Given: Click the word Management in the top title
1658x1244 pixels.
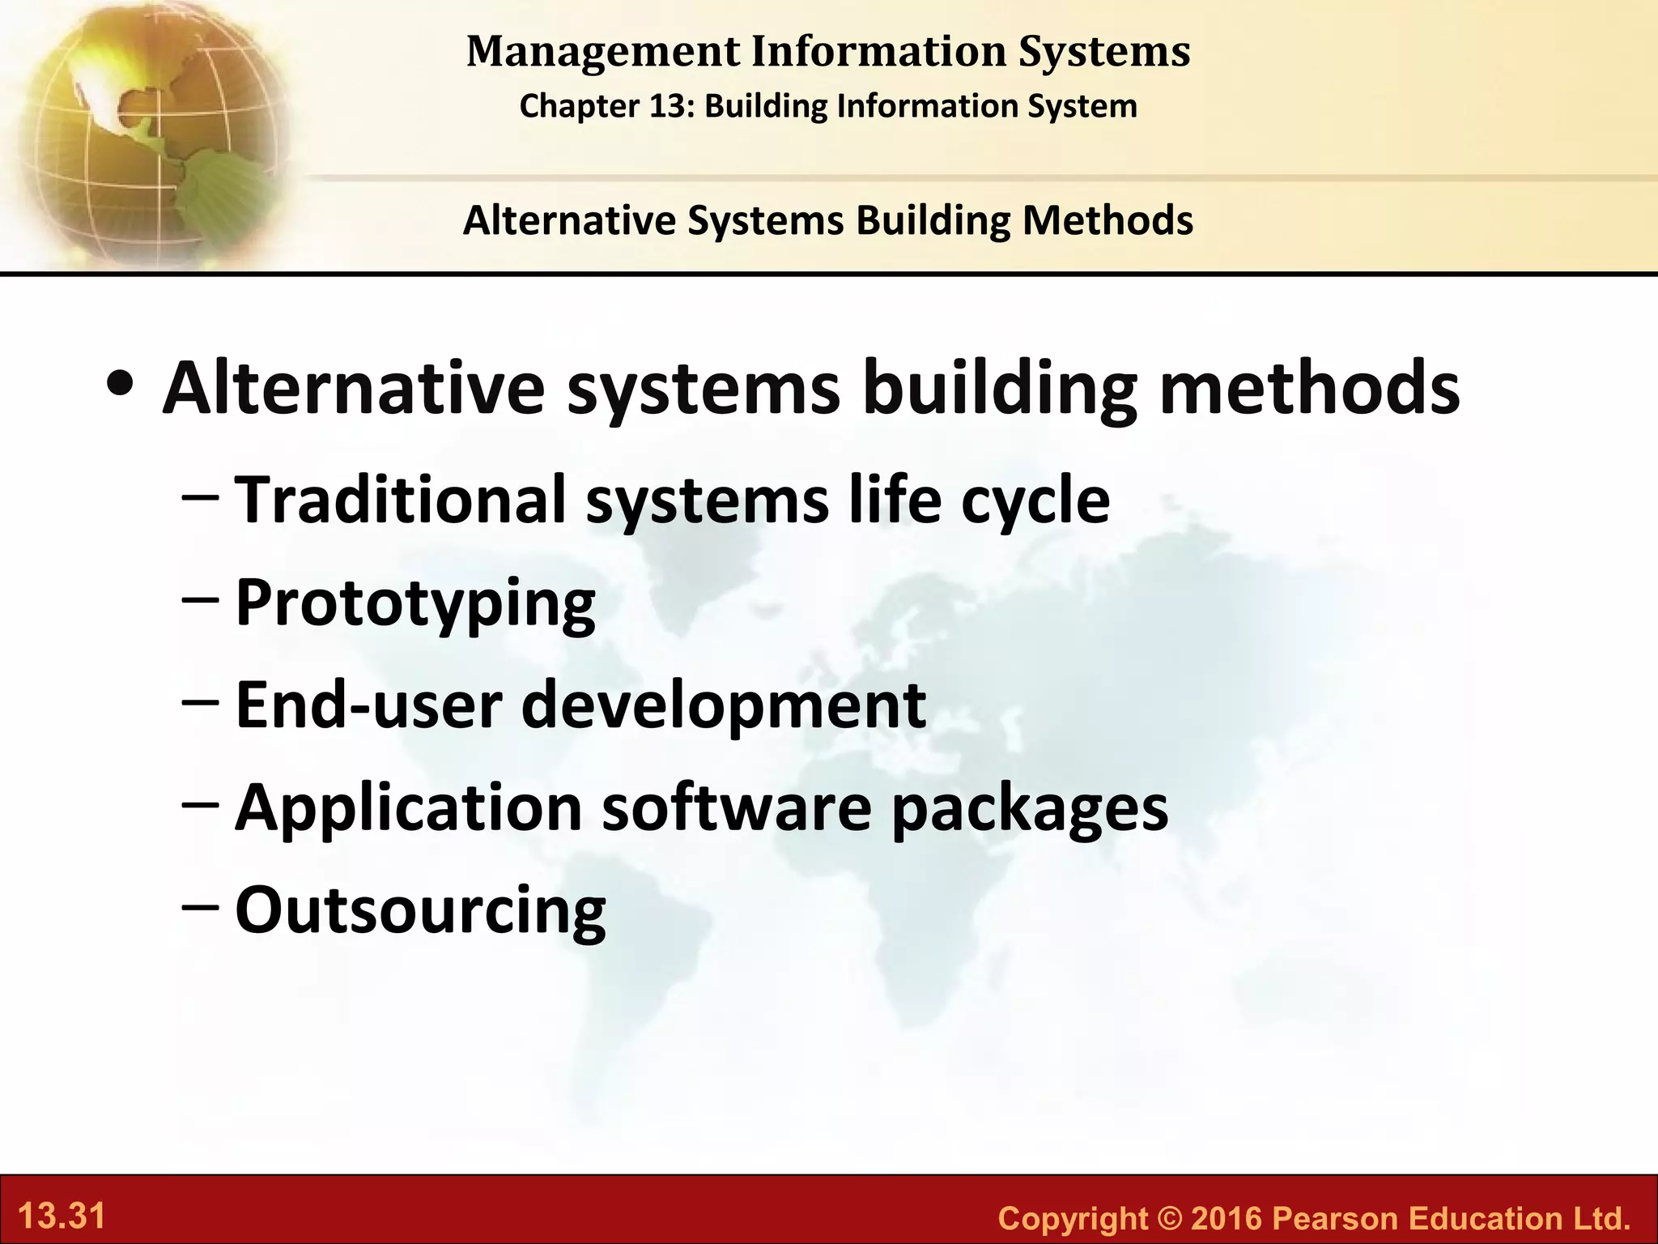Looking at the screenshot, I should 603,53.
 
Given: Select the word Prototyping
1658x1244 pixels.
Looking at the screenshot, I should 415,604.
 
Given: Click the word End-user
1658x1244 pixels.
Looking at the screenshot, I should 368,705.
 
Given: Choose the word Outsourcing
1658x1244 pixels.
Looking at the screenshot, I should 420,910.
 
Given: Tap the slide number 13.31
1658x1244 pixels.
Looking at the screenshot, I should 62,1216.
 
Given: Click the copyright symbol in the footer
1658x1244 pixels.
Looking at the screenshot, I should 1171,1218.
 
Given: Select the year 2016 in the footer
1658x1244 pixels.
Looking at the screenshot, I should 1226,1218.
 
